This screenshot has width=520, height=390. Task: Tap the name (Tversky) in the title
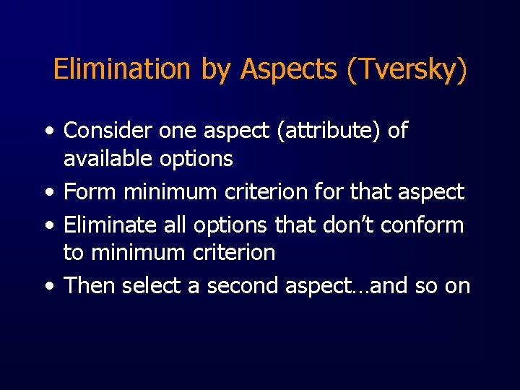[x=407, y=69]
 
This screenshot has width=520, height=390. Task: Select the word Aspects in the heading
[x=290, y=69]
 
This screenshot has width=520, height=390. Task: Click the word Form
[x=90, y=191]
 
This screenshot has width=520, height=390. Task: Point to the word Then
[x=90, y=285]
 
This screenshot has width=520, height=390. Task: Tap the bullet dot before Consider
[x=48, y=132]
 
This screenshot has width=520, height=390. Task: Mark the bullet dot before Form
[x=48, y=193]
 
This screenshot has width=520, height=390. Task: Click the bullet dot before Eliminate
[x=48, y=226]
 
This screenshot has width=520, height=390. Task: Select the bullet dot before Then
[x=48, y=287]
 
